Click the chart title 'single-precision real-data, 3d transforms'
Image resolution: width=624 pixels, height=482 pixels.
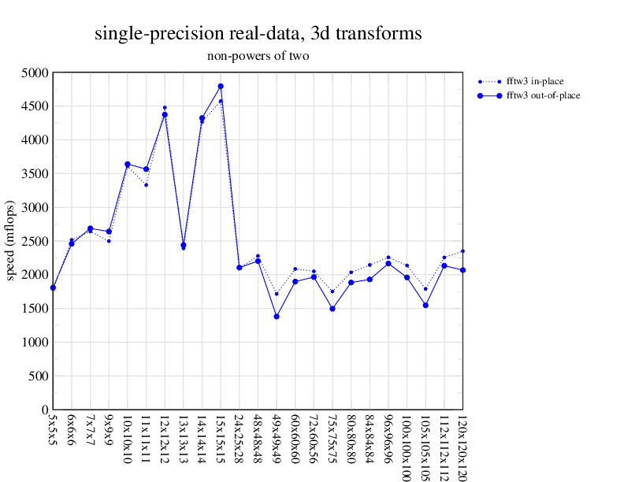click(x=258, y=34)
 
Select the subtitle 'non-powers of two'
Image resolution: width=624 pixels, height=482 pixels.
click(x=258, y=56)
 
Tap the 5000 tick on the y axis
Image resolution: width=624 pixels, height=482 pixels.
click(x=35, y=72)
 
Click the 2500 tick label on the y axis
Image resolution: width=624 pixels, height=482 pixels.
click(x=35, y=241)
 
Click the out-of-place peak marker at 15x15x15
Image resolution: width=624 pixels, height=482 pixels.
click(x=221, y=86)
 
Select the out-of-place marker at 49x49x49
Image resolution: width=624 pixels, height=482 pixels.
click(x=277, y=317)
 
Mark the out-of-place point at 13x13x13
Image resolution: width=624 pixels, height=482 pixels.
click(x=184, y=245)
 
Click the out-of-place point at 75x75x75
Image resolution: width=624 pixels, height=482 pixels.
click(x=332, y=309)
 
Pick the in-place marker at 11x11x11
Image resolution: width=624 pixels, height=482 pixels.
click(x=146, y=184)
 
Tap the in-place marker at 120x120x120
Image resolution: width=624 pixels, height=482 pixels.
click(x=462, y=251)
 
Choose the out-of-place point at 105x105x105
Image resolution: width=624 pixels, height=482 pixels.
click(x=425, y=305)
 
